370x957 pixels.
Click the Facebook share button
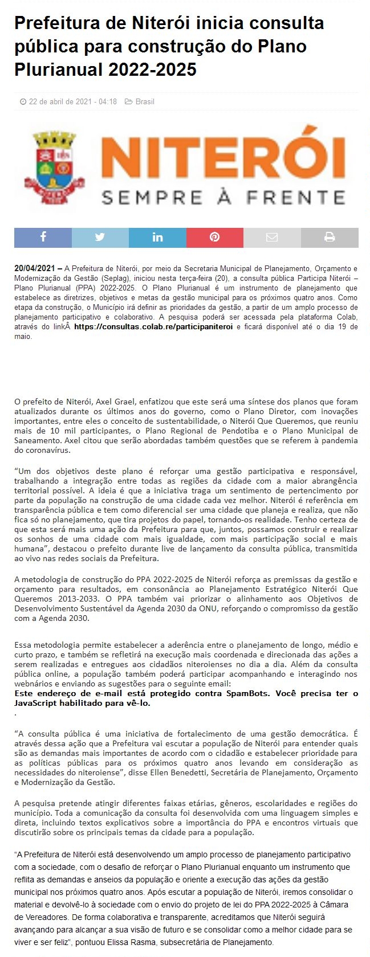[x=43, y=237]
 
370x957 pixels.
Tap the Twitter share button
[x=100, y=237]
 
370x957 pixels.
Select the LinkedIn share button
[x=157, y=237]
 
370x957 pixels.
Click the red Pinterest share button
[x=215, y=237]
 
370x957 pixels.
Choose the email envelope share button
[x=272, y=237]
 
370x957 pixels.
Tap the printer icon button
[x=330, y=237]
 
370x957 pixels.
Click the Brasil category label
[x=145, y=102]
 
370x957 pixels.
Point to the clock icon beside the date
[x=23, y=102]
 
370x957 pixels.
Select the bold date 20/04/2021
[x=35, y=268]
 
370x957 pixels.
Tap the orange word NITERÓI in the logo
[x=223, y=154]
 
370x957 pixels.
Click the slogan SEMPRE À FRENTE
[x=223, y=198]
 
